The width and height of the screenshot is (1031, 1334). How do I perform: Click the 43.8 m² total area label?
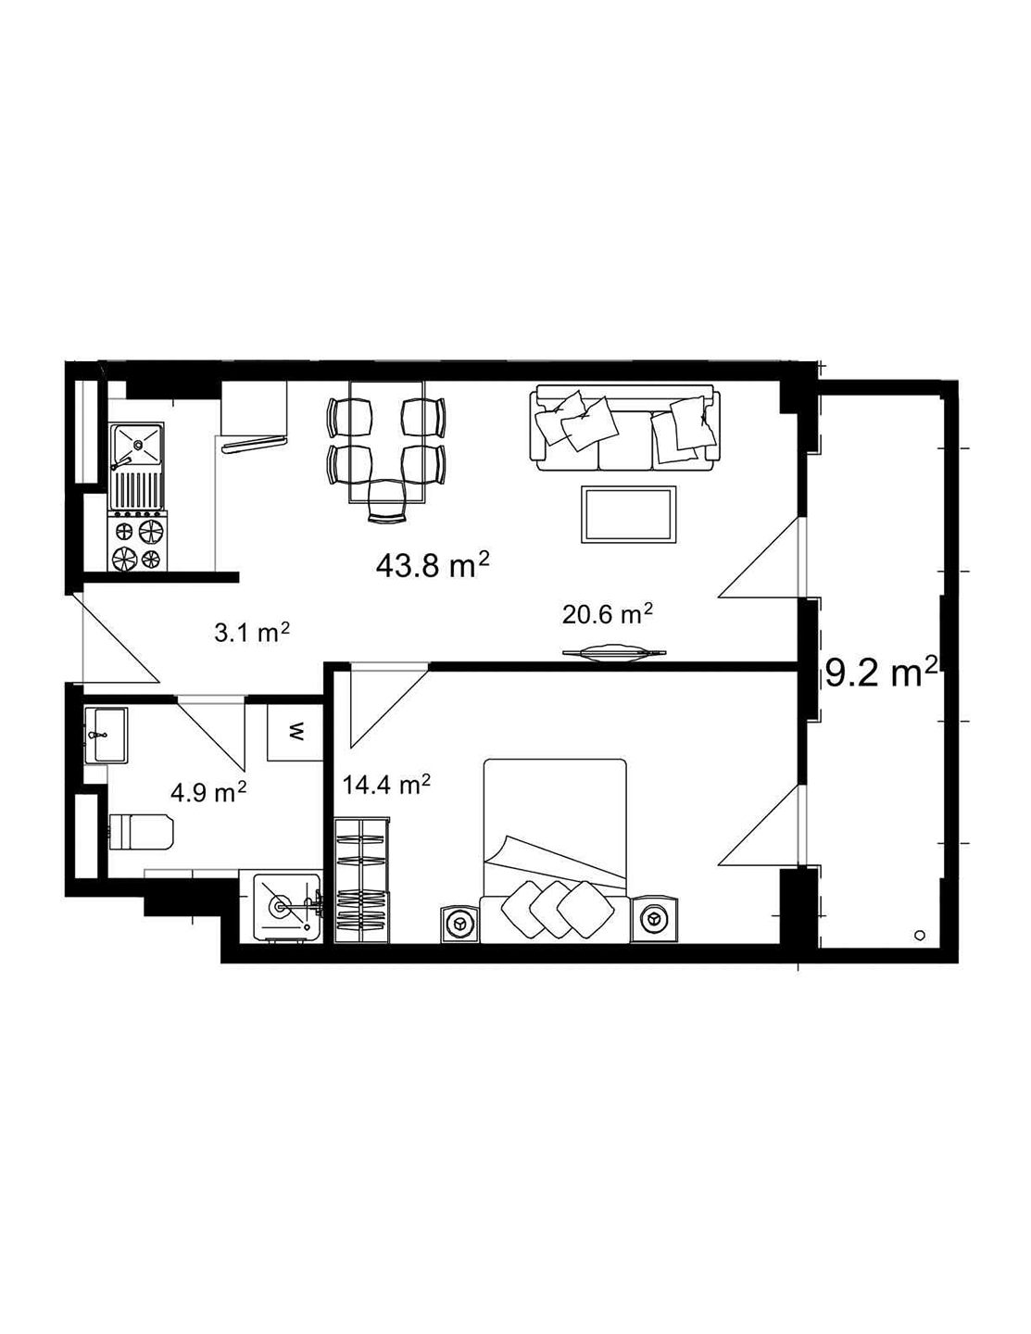[x=433, y=564]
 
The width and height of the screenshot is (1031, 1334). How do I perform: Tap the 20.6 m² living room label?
[x=608, y=613]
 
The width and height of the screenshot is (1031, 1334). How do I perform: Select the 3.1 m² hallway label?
[x=253, y=633]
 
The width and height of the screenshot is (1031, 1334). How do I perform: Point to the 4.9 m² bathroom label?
[x=208, y=792]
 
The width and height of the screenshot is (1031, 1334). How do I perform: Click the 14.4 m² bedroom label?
[x=386, y=786]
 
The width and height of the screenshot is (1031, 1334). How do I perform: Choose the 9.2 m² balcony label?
[x=881, y=673]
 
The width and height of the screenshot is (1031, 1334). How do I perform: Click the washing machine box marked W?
[x=295, y=733]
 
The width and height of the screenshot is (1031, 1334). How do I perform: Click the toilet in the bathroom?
[x=140, y=831]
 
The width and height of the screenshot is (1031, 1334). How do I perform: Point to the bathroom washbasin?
[x=107, y=735]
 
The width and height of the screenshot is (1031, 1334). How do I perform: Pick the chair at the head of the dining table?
[x=387, y=503]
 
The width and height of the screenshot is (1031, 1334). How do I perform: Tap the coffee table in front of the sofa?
[x=627, y=515]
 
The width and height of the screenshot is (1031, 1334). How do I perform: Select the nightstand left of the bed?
[x=459, y=924]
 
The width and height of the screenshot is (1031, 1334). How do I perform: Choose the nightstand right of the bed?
[x=654, y=921]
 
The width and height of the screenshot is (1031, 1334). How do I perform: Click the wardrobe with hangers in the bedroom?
[x=361, y=881]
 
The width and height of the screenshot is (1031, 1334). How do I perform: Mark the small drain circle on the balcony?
[x=919, y=935]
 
